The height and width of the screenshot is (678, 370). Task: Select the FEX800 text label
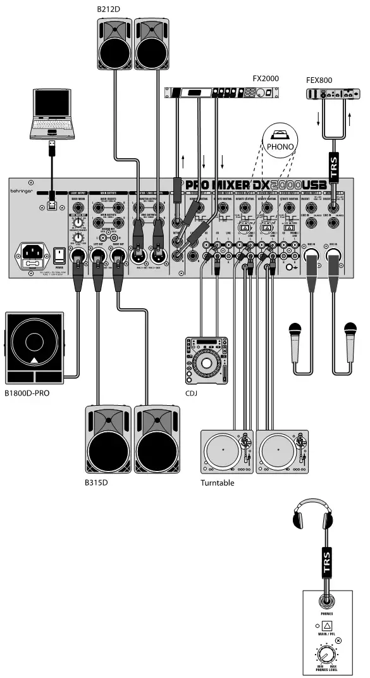(319, 81)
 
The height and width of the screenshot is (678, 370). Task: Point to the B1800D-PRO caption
(27, 392)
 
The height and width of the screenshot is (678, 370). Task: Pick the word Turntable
(217, 483)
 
